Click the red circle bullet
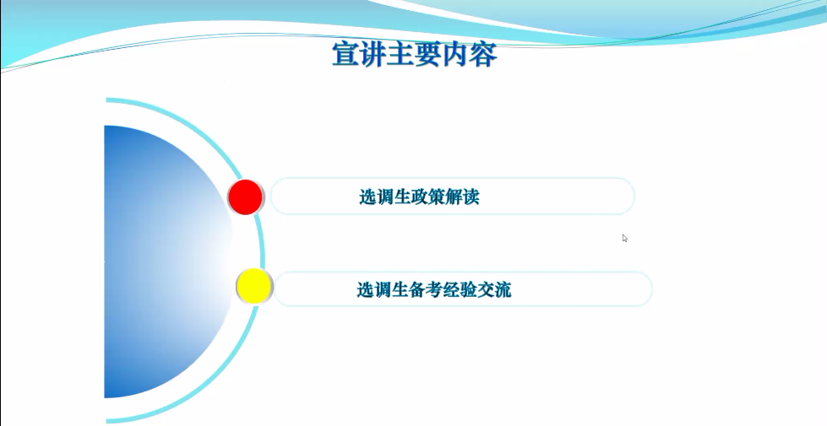[x=246, y=197]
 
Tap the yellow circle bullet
[x=253, y=287]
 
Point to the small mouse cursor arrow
[x=624, y=238]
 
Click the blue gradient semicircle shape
[x=161, y=262]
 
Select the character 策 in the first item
[x=440, y=197]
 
